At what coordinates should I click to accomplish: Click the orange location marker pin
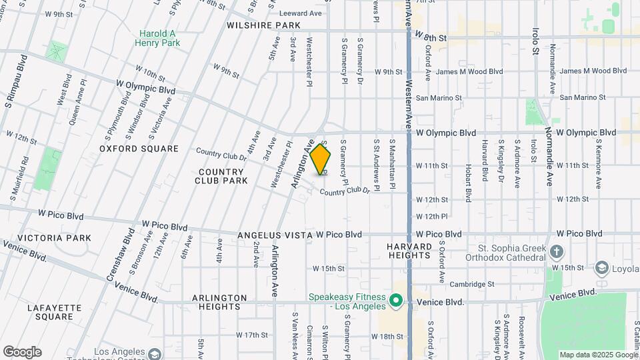(x=321, y=159)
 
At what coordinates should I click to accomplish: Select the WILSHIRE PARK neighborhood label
(x=264, y=25)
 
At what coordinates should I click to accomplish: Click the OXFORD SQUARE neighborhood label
(x=139, y=149)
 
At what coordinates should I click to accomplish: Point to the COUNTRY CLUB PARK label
(x=220, y=176)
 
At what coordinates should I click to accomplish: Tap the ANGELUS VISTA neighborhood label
(x=275, y=235)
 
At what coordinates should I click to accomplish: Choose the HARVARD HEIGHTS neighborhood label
(x=409, y=251)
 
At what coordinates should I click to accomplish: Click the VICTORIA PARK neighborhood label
(x=45, y=238)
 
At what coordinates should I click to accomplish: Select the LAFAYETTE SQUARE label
(x=55, y=312)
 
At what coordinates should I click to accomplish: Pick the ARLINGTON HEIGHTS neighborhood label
(x=219, y=302)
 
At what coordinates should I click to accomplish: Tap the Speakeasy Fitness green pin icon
(x=396, y=301)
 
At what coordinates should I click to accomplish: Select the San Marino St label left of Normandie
(x=439, y=98)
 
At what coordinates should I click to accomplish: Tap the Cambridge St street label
(x=471, y=284)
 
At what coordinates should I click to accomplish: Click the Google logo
(x=22, y=352)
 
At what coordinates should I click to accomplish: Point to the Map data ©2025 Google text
(x=598, y=355)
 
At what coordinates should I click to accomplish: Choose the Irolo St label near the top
(x=535, y=41)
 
